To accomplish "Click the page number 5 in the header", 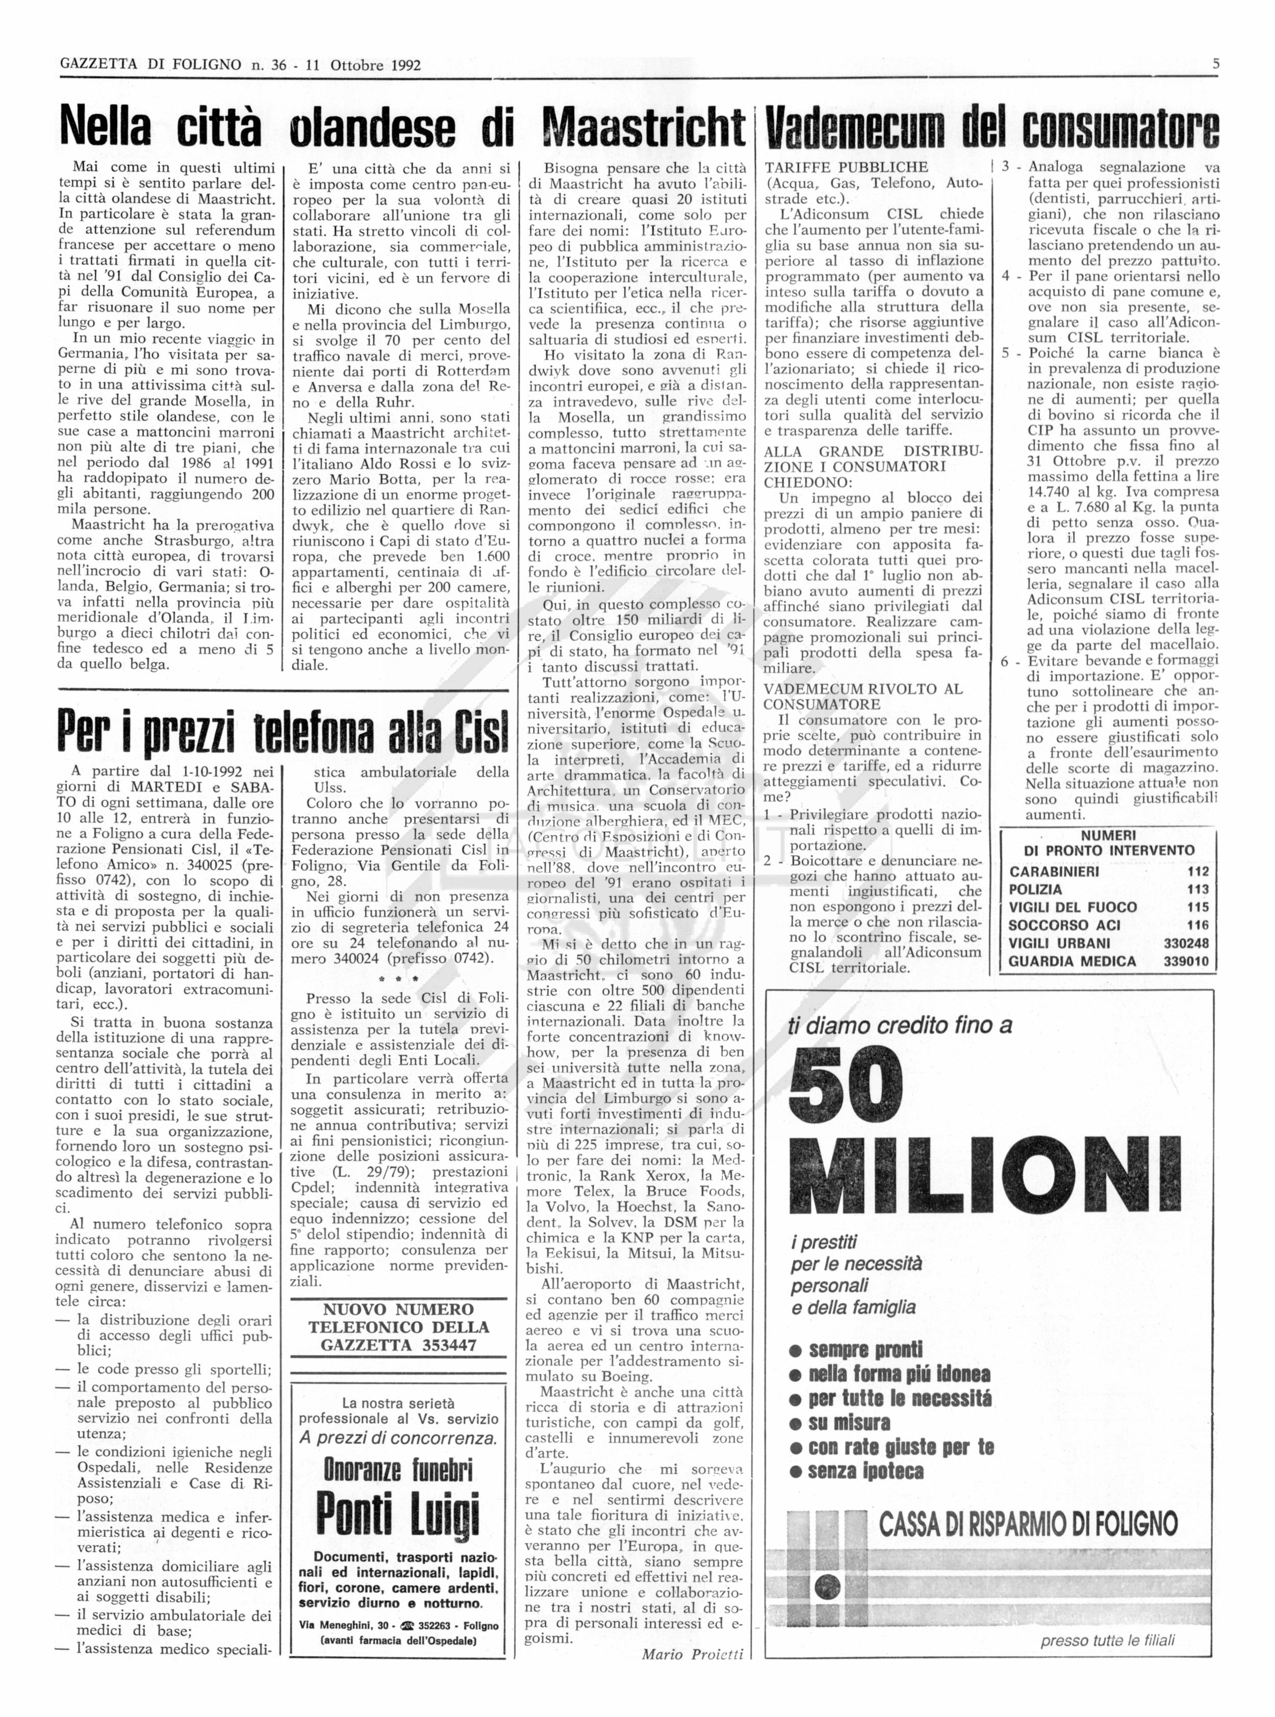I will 1215,64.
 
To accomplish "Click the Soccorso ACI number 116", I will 1198,925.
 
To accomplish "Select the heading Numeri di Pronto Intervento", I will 1108,842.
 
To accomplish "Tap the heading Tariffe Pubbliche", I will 846,167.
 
